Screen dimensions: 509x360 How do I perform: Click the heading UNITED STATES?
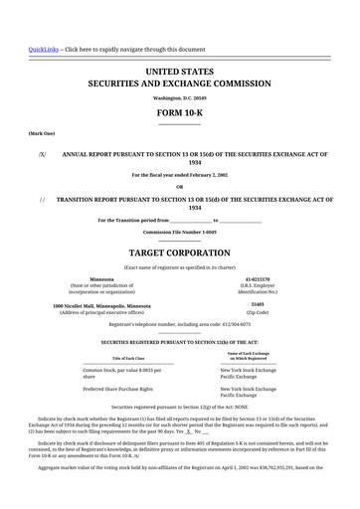(179, 72)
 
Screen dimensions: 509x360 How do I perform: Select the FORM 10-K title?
(179, 114)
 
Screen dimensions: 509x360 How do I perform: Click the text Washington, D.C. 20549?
(179, 98)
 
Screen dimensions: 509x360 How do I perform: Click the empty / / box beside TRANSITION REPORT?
(42, 199)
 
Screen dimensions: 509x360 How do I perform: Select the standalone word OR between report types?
(179, 186)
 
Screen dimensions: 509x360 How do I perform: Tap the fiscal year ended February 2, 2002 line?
(179, 174)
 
